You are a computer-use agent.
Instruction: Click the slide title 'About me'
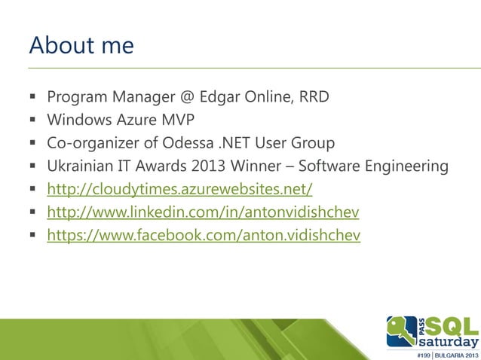pos(81,46)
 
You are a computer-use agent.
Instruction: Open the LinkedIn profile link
pos(203,213)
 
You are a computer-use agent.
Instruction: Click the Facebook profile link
pos(204,236)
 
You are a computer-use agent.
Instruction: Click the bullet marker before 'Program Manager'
pos(34,98)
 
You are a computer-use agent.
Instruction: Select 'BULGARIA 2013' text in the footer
pos(453,354)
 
